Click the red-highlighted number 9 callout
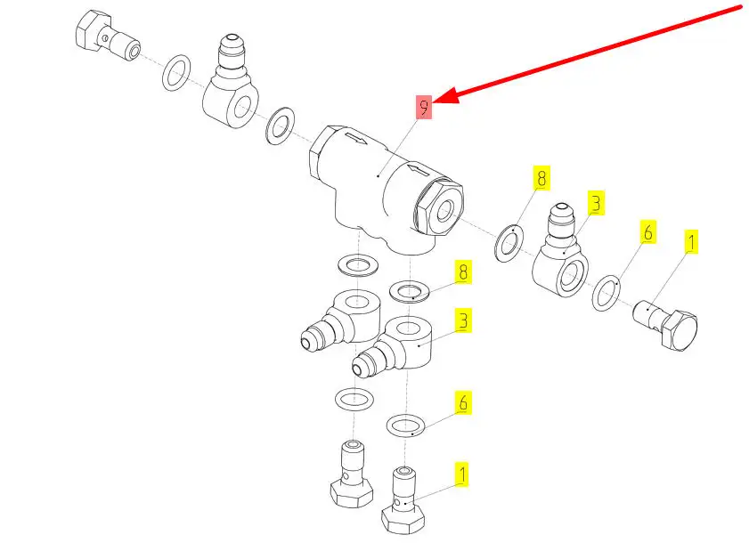pyautogui.click(x=424, y=107)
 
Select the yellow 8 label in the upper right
pyautogui.click(x=541, y=178)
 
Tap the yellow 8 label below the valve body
pyautogui.click(x=463, y=272)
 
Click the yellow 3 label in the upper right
pyautogui.click(x=596, y=203)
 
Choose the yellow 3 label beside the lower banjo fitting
pyautogui.click(x=463, y=320)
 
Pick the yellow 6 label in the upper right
pyautogui.click(x=648, y=232)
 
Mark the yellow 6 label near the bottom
pyautogui.click(x=463, y=402)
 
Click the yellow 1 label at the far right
pyautogui.click(x=690, y=242)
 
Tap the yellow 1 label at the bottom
pyautogui.click(x=461, y=474)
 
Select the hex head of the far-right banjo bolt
pyautogui.click(x=680, y=330)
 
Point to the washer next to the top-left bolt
pyautogui.click(x=176, y=72)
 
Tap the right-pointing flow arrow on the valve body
pyautogui.click(x=356, y=139)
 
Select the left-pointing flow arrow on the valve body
pyautogui.click(x=419, y=168)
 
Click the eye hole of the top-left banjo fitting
pyautogui.click(x=241, y=109)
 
